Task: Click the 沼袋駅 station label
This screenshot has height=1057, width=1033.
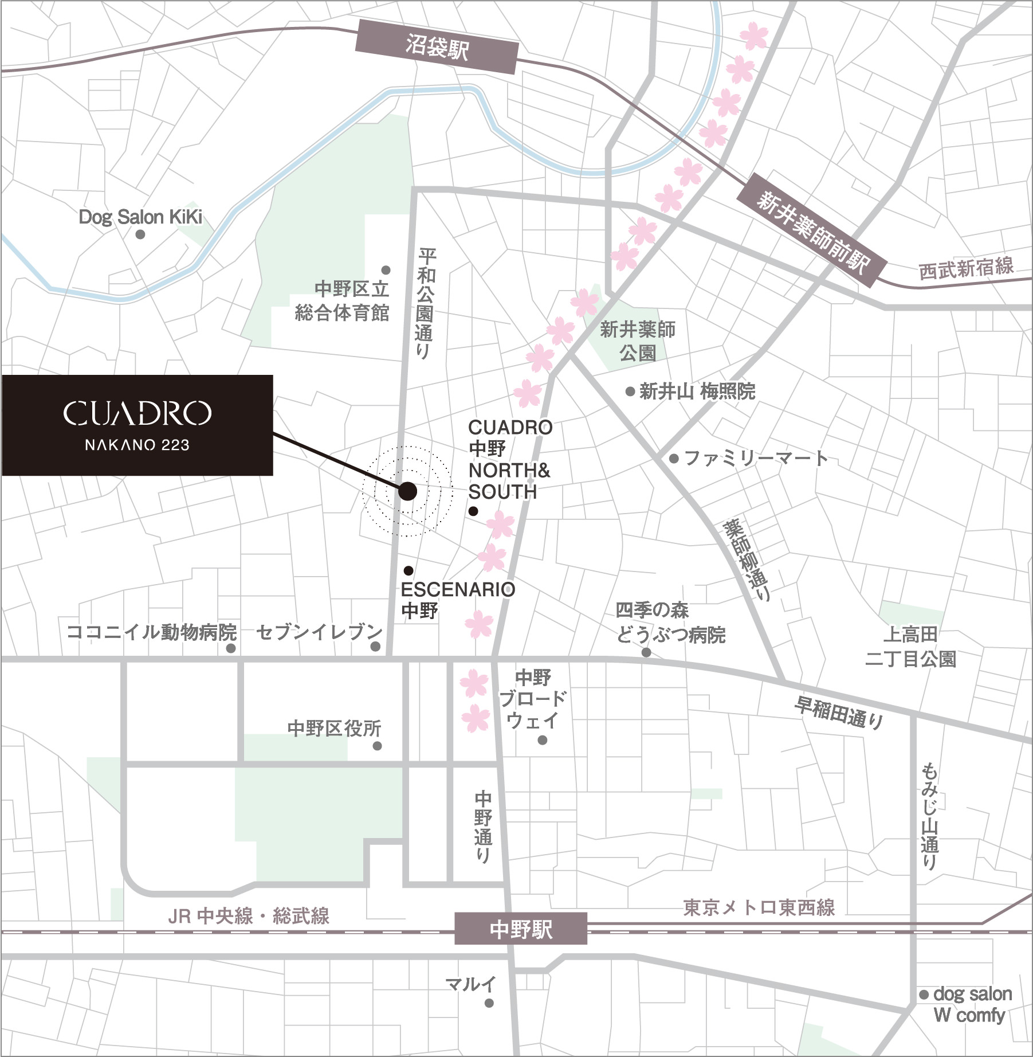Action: tap(437, 48)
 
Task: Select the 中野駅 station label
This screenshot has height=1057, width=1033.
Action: tap(521, 929)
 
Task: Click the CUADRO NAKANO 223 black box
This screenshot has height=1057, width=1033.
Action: tap(138, 425)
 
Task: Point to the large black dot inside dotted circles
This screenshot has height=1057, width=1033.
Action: tap(407, 491)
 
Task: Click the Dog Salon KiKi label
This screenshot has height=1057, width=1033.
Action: tap(140, 217)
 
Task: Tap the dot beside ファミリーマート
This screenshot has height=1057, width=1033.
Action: tap(674, 459)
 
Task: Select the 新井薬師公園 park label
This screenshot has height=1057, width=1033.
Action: tap(637, 340)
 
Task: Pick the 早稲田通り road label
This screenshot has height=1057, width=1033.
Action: tap(838, 713)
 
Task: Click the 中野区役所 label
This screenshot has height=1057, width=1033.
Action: tap(334, 729)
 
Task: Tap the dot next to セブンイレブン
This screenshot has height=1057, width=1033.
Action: tap(375, 647)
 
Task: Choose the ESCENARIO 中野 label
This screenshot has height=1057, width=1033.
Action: tap(457, 600)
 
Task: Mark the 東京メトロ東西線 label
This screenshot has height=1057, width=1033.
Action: tap(759, 907)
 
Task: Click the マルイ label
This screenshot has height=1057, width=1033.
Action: tap(470, 985)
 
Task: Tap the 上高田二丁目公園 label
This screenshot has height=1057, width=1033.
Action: tap(910, 647)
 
